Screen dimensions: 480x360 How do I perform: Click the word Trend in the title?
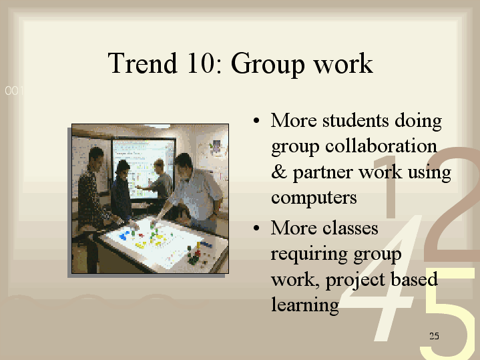pos(143,63)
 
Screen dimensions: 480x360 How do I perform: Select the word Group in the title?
pos(268,65)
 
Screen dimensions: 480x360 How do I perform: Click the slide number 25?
pos(434,336)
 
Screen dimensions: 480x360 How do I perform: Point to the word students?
pos(356,120)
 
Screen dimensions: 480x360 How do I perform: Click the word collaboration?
pos(381,146)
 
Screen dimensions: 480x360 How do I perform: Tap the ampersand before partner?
pos(279,172)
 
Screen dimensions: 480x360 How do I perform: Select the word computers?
pos(314,198)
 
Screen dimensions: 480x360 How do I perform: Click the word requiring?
pos(310,255)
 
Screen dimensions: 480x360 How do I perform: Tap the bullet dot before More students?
pos(256,120)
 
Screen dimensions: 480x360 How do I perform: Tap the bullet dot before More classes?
pos(256,228)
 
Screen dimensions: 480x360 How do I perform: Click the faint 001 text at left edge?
pos(14,91)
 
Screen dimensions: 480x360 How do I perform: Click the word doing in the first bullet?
pos(418,122)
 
